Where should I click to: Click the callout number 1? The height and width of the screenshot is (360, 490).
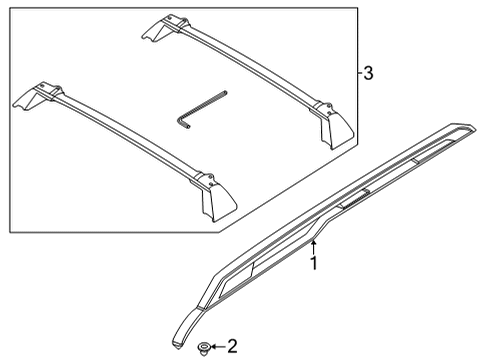click(x=313, y=263)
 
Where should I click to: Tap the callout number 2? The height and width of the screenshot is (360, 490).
click(x=232, y=348)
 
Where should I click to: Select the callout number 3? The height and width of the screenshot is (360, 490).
click(x=368, y=75)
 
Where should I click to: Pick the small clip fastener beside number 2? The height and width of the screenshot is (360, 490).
click(x=205, y=348)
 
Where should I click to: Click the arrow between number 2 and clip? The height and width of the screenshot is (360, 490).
click(x=218, y=348)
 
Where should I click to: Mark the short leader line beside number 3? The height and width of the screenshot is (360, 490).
click(x=356, y=75)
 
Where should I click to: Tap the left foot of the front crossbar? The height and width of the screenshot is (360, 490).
click(x=35, y=98)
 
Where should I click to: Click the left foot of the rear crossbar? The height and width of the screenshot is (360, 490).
click(x=161, y=29)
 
